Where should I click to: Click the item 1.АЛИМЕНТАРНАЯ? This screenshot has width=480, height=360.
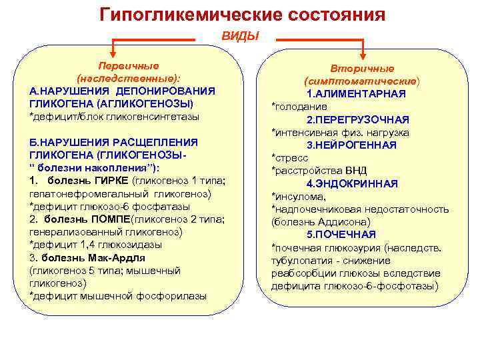tap(357, 93)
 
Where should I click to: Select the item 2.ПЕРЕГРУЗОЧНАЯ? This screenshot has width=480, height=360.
tap(358, 119)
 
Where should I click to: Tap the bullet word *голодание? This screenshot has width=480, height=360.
tap(299, 107)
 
